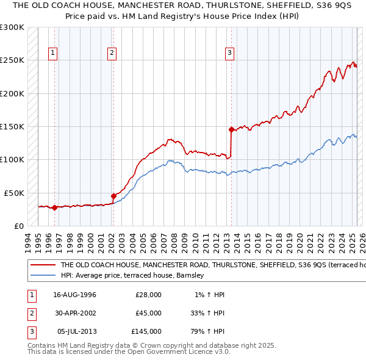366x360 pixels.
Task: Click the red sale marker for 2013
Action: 231,129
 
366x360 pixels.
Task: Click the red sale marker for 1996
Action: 54,207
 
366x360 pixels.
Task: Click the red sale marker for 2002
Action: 113,196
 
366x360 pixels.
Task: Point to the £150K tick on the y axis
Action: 12,127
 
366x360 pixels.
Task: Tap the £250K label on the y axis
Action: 12,60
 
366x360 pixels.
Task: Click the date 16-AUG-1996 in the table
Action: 75,295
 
